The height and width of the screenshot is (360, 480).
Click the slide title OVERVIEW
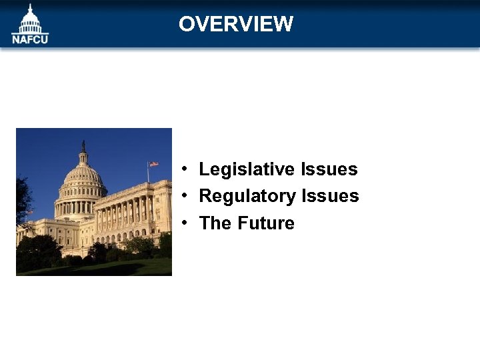point(235,24)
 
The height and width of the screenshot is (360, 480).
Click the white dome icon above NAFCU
point(30,19)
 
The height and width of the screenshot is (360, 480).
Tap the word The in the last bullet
point(215,223)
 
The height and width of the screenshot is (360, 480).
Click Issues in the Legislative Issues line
point(329,169)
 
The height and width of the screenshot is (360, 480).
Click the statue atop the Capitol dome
point(83,145)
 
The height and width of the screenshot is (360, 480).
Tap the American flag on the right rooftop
point(154,164)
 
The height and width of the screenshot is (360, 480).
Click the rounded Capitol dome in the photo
point(83,177)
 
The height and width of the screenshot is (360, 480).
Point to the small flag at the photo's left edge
point(29,213)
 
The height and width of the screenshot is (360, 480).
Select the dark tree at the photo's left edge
point(23,200)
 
